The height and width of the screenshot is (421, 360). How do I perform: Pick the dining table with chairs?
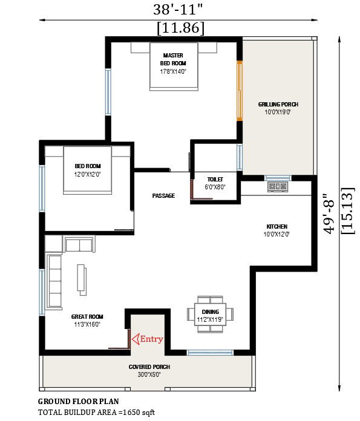coord(211,314)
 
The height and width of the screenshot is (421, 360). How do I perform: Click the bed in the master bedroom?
coord(173,67)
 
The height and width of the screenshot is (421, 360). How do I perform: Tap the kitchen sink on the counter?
coord(278,187)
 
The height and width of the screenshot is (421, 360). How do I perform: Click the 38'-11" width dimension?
coord(180,8)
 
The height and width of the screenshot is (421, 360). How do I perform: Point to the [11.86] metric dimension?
coord(180,28)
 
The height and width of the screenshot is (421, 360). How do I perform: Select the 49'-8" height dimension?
coord(329,213)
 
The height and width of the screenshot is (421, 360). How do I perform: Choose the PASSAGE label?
coord(163,195)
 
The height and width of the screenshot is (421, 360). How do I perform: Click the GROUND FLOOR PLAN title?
coord(78,401)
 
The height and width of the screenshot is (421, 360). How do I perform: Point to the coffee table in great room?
coord(80,279)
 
